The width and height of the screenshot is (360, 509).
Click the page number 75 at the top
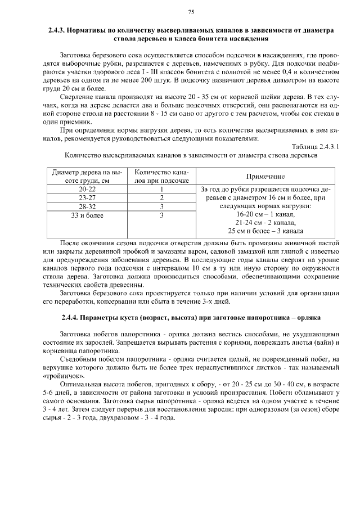[x=191, y=12]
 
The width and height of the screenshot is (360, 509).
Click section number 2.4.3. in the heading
[x=58, y=29]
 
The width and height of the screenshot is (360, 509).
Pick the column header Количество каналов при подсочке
[x=161, y=176]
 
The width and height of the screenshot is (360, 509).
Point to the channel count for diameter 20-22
[x=161, y=190]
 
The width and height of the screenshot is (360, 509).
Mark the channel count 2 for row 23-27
[x=161, y=198]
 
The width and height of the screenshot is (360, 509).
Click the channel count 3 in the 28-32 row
[x=161, y=206]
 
